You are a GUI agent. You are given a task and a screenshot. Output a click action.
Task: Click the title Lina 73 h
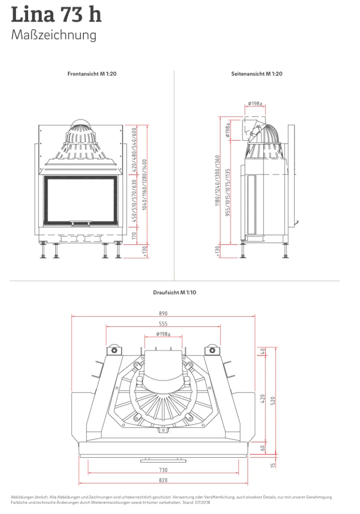(x=56, y=15)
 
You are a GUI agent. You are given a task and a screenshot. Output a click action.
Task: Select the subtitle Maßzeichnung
(x=54, y=35)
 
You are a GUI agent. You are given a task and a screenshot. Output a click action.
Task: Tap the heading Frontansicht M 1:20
(x=92, y=74)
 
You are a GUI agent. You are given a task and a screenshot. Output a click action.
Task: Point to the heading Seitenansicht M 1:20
(x=257, y=74)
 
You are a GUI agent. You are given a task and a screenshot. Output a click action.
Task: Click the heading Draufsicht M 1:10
(x=174, y=293)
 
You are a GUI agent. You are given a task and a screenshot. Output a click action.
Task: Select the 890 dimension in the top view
(x=163, y=313)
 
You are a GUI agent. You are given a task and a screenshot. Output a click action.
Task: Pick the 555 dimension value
(x=163, y=324)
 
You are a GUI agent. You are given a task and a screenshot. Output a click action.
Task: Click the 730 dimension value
(x=163, y=470)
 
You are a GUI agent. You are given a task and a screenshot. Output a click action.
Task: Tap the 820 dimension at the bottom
(x=163, y=480)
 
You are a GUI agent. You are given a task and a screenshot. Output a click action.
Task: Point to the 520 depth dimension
(x=273, y=401)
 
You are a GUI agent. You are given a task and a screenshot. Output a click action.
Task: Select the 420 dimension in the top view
(x=263, y=399)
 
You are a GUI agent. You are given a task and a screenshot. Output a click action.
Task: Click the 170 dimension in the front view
(x=134, y=235)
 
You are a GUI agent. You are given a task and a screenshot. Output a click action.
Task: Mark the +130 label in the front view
(x=145, y=251)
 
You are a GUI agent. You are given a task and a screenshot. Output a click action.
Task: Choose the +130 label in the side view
(x=218, y=251)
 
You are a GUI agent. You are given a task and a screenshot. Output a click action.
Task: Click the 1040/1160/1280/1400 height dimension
(x=145, y=185)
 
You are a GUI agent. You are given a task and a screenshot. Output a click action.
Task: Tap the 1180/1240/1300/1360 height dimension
(x=218, y=181)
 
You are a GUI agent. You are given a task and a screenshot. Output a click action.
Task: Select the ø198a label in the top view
(x=163, y=334)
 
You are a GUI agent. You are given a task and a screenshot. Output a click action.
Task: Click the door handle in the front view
(x=80, y=223)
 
